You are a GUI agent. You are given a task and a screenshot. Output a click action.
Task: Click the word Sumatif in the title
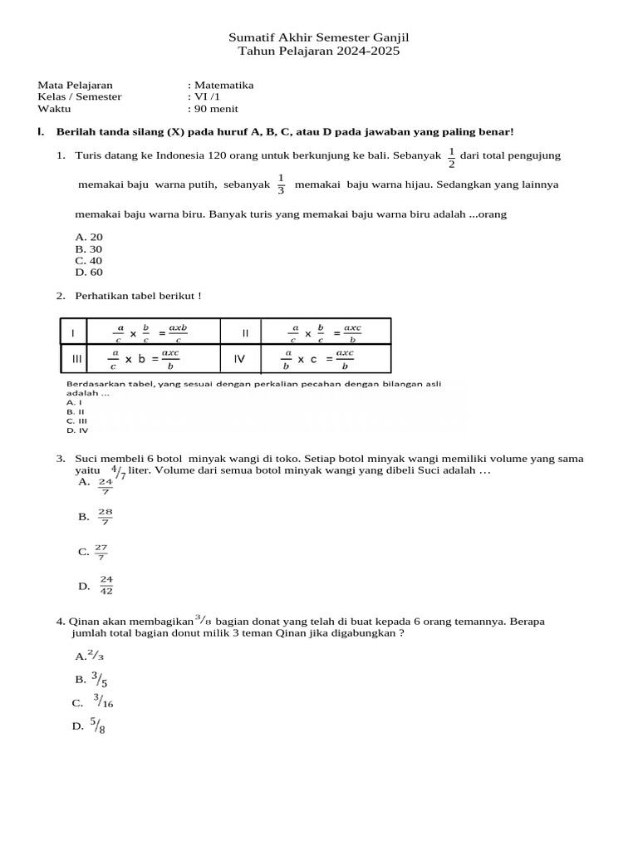coord(249,38)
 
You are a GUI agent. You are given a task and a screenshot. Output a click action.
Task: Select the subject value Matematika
coord(223,85)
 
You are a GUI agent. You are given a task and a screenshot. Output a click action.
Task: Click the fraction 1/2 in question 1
coord(451,157)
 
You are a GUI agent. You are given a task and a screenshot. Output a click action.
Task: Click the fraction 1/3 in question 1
coord(281,184)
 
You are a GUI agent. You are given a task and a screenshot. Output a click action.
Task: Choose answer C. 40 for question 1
coord(89,260)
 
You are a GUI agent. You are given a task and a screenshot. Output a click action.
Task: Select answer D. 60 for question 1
coord(89,272)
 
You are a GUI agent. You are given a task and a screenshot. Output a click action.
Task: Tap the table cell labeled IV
coord(240,359)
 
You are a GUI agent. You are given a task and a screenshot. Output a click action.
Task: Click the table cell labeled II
coord(245,332)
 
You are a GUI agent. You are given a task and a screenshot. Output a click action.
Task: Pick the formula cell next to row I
coord(153,332)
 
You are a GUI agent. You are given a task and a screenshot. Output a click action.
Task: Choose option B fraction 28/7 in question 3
coord(105,516)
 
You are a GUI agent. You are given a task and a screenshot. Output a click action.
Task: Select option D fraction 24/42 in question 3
coord(106,586)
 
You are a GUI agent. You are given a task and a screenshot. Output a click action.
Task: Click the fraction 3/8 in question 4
coord(203,620)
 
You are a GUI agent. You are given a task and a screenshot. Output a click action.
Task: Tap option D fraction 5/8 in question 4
coord(99,726)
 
